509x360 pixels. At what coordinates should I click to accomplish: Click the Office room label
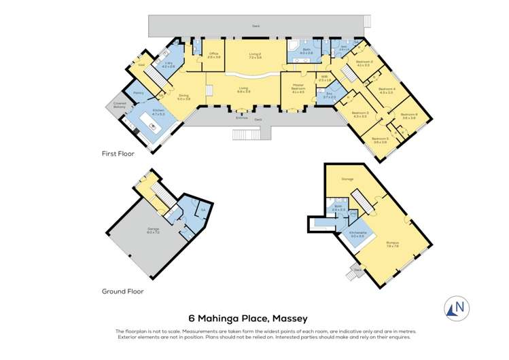[x=213, y=55]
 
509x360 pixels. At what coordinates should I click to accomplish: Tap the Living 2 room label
[x=255, y=56]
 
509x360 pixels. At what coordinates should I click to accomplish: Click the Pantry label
[x=137, y=92]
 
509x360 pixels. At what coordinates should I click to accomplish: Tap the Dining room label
[x=183, y=97]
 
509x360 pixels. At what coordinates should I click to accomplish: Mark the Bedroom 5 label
[x=379, y=140]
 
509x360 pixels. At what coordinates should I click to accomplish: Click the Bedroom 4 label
[x=387, y=90]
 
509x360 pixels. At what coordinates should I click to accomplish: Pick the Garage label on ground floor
[x=154, y=231]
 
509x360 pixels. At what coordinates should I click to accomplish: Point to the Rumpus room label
[x=392, y=245]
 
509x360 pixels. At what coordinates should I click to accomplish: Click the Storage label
[x=347, y=179]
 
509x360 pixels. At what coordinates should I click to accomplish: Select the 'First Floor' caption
[x=118, y=154]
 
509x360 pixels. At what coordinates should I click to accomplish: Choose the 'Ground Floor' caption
[x=123, y=291]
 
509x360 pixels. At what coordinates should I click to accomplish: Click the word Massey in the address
[x=289, y=318]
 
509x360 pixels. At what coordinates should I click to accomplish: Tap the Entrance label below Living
[x=241, y=117]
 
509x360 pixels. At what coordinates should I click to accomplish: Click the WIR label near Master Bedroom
[x=325, y=78]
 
